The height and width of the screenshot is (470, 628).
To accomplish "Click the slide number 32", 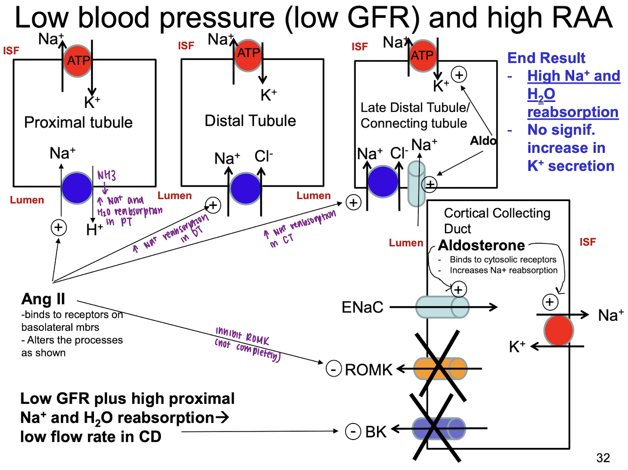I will click(603, 458).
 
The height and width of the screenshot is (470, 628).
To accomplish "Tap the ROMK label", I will click(368, 370).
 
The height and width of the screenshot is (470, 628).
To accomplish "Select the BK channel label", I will click(376, 432).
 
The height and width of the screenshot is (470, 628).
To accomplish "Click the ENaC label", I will click(362, 307).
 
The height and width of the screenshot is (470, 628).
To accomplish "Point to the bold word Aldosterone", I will click(481, 245).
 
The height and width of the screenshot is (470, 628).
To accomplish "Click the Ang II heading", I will click(43, 299).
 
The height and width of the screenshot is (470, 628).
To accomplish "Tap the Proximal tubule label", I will click(78, 122).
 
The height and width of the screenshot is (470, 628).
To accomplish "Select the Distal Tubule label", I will click(250, 121).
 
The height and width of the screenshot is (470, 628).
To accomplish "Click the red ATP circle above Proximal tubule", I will click(78, 60).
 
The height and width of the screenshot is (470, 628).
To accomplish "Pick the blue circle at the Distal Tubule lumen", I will click(245, 188).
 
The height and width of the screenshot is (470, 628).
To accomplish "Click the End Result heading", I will click(546, 58).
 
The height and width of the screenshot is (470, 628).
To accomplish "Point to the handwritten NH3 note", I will click(106, 175).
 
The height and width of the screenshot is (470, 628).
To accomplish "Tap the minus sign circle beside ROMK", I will click(334, 369).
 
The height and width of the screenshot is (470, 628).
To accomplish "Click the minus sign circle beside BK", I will click(353, 431).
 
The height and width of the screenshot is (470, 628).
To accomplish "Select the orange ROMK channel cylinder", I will click(440, 369).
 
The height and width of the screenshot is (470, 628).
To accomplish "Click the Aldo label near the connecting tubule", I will click(483, 141).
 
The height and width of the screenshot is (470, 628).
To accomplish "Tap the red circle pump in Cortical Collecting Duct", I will click(558, 330).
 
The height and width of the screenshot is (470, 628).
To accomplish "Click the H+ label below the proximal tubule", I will click(94, 229).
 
